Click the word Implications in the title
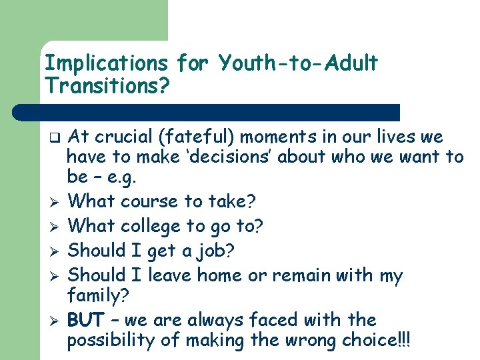tap(106, 64)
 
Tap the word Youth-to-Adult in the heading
tap(298, 64)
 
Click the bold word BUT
tap(85, 320)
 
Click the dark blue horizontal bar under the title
tap(220, 112)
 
